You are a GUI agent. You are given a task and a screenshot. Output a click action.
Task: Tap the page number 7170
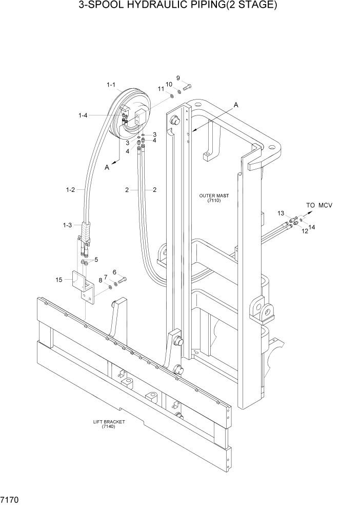coord(10,498)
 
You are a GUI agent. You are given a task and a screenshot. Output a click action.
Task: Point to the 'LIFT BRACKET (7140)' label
coord(109,424)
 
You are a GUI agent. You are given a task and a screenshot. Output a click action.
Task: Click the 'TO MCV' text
coord(319,205)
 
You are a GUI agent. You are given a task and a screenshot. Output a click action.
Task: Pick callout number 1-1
coord(111,85)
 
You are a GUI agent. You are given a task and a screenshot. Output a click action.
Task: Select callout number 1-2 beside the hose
coord(70,190)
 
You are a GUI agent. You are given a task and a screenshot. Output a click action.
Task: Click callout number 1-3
coord(67,225)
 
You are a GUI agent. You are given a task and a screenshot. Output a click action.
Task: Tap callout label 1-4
coord(83,116)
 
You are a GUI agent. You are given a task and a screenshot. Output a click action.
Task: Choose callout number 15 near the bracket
coord(58,280)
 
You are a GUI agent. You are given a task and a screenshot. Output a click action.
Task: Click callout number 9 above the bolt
coord(178,78)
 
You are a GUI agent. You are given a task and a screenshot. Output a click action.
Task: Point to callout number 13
coord(281,213)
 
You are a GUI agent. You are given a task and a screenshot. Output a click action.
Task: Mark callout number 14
coord(312,226)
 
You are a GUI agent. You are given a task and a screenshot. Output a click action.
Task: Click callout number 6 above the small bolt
coord(114,272)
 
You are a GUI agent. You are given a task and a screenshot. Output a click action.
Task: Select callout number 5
coord(95,260)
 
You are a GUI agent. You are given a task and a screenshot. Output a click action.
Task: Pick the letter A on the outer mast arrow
coord(236,105)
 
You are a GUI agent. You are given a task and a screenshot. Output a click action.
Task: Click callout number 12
coord(305,231)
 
